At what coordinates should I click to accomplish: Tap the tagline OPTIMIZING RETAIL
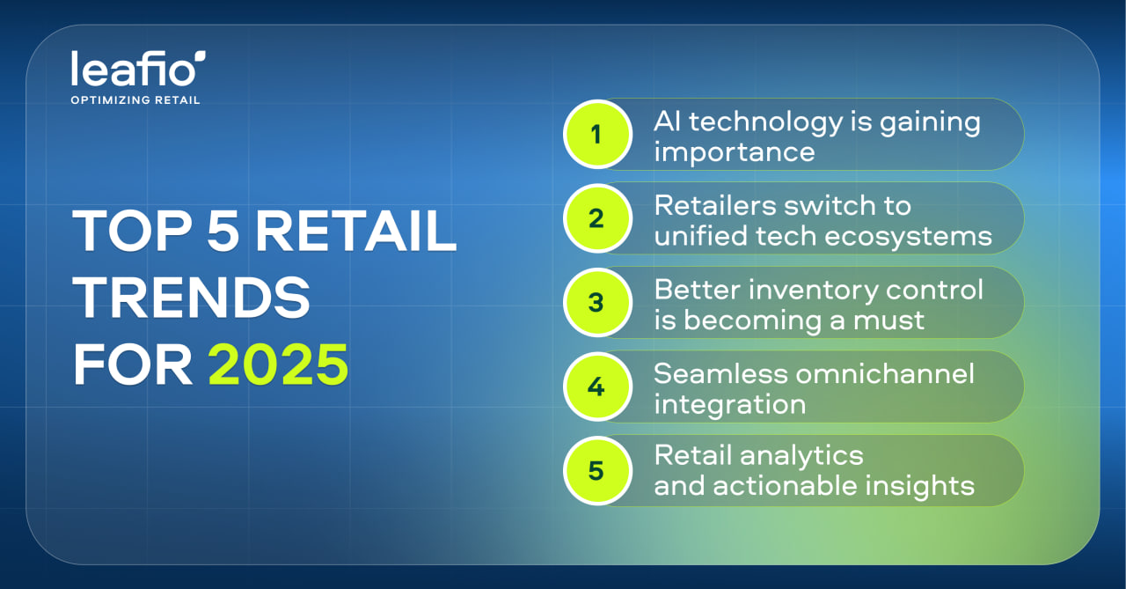tap(135, 100)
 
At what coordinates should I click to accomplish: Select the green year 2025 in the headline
tap(278, 364)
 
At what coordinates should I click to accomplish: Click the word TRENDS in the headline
tap(191, 298)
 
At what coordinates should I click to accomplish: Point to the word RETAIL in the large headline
tap(356, 231)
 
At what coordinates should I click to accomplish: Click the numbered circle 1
tap(597, 135)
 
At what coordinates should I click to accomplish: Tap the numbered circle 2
tap(597, 218)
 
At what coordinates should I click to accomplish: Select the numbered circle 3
tap(597, 302)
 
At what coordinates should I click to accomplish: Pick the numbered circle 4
tap(597, 387)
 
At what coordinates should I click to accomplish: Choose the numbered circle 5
tap(597, 470)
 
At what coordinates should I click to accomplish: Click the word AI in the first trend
tap(667, 121)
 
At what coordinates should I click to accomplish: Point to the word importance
tap(735, 152)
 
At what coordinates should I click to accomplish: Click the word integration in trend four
tap(730, 405)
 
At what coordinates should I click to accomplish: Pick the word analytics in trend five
tap(801, 456)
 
